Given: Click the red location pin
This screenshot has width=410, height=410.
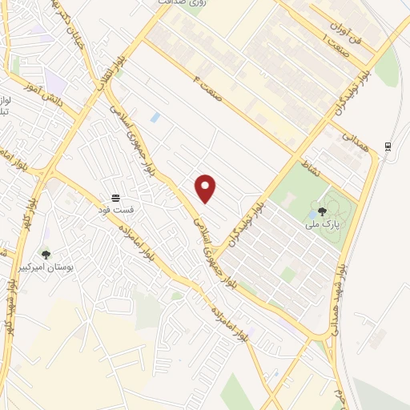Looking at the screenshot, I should pyautogui.click(x=206, y=187).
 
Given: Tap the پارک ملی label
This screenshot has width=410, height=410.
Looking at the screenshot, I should pyautogui.click(x=322, y=225).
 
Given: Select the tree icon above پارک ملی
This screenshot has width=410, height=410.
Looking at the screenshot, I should pyautogui.click(x=322, y=211).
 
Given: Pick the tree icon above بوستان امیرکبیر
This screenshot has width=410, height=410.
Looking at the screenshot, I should pyautogui.click(x=46, y=255).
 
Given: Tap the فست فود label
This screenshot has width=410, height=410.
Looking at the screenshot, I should pyautogui.click(x=116, y=210).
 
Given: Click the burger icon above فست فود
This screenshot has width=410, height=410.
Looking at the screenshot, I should pyautogui.click(x=116, y=197).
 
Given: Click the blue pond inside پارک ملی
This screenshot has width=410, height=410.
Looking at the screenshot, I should pyautogui.click(x=311, y=213).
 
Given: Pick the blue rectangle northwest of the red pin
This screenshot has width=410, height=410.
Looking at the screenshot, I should pyautogui.click(x=155, y=118).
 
